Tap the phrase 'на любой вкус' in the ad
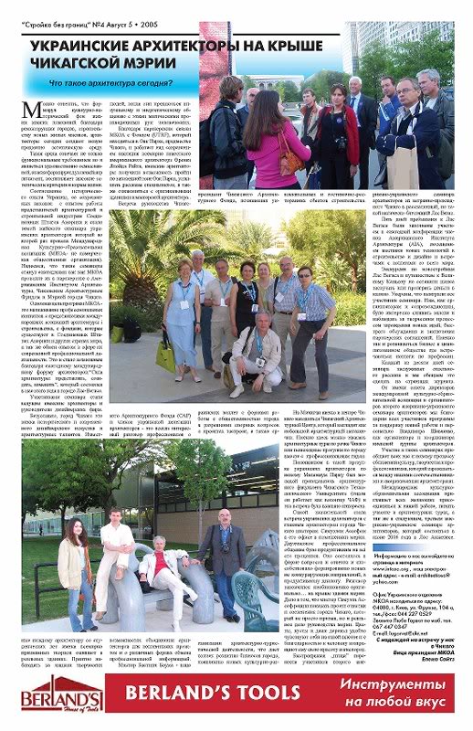[380, 713]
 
